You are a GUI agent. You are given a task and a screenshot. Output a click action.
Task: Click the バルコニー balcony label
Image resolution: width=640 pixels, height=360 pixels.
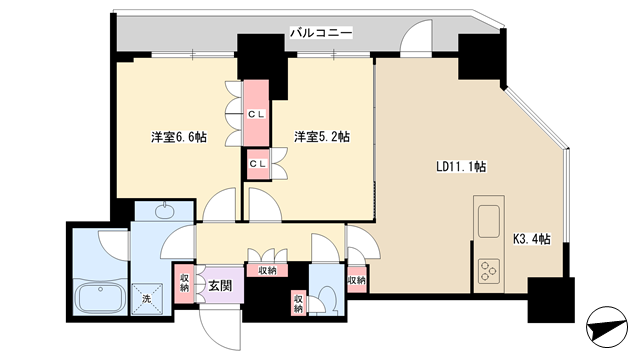click(x=321, y=33)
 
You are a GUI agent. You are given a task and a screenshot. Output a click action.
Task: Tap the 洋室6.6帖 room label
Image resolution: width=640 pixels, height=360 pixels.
click(x=179, y=137)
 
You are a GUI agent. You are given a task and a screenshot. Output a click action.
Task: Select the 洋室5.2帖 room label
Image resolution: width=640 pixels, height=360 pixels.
click(x=322, y=137)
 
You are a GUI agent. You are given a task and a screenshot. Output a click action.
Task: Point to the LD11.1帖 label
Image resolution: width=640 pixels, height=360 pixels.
click(x=461, y=167)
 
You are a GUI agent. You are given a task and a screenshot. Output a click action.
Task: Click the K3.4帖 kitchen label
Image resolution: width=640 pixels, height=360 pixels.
click(x=532, y=239)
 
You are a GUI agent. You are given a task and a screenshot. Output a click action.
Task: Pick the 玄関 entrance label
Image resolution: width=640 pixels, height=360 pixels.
click(x=220, y=286)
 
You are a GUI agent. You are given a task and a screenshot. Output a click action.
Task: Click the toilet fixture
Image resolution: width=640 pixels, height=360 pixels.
click(x=327, y=300)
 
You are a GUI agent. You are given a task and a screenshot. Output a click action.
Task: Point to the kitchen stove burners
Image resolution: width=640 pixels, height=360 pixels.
click(x=489, y=271)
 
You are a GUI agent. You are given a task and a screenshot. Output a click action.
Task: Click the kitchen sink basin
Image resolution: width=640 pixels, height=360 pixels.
click(x=489, y=221)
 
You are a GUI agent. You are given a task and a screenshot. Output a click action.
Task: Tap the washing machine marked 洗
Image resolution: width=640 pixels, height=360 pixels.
click(x=147, y=299)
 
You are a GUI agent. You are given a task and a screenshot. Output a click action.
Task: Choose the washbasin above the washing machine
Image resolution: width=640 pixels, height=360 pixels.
click(x=164, y=210)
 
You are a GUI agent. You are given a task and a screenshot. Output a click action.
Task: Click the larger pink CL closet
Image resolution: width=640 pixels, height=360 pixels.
click(x=256, y=113)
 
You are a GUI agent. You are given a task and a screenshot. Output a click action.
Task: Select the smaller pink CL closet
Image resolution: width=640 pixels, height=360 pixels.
click(x=258, y=164)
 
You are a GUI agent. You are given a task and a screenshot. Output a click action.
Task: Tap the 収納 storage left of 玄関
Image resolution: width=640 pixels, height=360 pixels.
click(x=184, y=284)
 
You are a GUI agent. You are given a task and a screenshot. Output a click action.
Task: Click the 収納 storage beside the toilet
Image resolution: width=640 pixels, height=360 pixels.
click(x=299, y=302)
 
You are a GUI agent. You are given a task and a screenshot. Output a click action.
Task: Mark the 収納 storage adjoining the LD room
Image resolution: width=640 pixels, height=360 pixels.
click(x=357, y=280)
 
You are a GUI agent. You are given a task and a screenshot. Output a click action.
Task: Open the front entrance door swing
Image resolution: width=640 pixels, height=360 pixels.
click(x=219, y=329)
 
